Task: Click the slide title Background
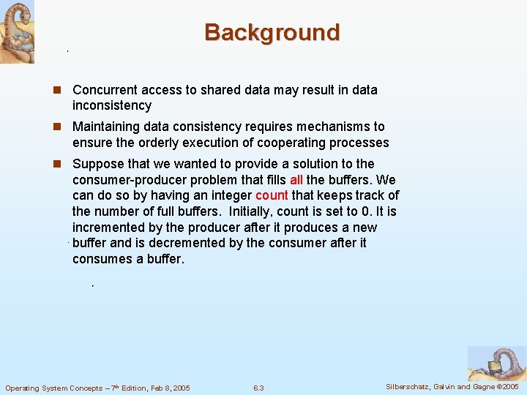(x=272, y=33)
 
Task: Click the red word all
(x=296, y=180)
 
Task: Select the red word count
(x=271, y=196)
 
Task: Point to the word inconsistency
(x=112, y=106)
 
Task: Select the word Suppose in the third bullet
(x=98, y=164)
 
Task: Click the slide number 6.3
(x=258, y=388)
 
